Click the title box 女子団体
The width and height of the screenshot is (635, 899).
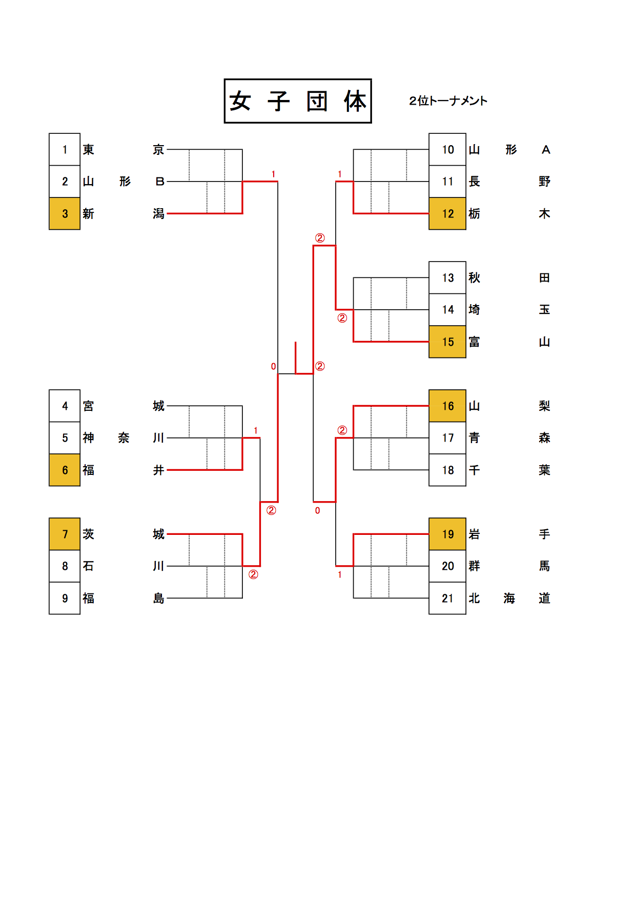(298, 101)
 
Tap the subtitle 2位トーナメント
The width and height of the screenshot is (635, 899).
(448, 101)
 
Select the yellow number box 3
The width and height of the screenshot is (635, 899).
(65, 214)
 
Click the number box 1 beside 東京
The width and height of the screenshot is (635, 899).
(65, 150)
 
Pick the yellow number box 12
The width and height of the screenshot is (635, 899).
(447, 214)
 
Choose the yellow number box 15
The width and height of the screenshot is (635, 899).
(447, 342)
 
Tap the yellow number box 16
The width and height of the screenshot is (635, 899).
(447, 406)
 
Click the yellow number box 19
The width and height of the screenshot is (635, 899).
(447, 534)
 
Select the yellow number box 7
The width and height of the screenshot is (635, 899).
(65, 534)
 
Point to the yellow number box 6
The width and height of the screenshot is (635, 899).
(65, 470)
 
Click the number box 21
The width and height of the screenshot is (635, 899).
(447, 598)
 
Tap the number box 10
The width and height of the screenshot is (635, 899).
(447, 150)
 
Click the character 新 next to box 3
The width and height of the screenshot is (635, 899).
(89, 214)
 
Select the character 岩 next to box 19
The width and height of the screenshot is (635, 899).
(475, 534)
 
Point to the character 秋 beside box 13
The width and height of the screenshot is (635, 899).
(475, 278)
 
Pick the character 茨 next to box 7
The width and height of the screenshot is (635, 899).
(89, 534)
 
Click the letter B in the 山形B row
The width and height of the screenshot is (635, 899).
(159, 182)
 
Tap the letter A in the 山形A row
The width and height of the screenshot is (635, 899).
(546, 150)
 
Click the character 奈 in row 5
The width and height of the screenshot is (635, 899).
(124, 438)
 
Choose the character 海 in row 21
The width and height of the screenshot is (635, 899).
(509, 598)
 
